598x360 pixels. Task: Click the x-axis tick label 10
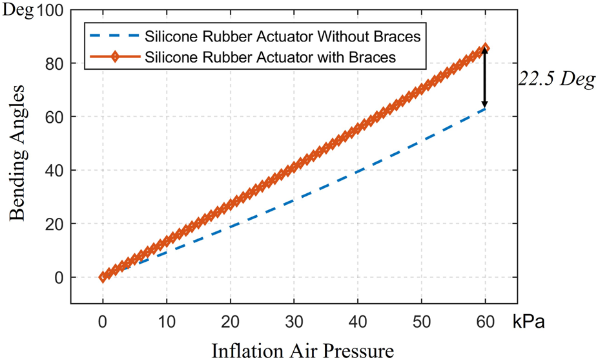pos(166,322)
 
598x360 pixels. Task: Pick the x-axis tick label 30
pos(294,322)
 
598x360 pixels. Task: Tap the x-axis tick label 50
pos(422,322)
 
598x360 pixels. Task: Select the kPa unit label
pos(529,322)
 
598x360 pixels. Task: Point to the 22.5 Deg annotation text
pos(557,80)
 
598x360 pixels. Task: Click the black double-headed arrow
pos(485,78)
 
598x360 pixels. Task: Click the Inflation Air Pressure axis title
pos(302,350)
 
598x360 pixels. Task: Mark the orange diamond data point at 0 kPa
pos(103,277)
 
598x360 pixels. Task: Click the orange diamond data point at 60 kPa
pos(485,48)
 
